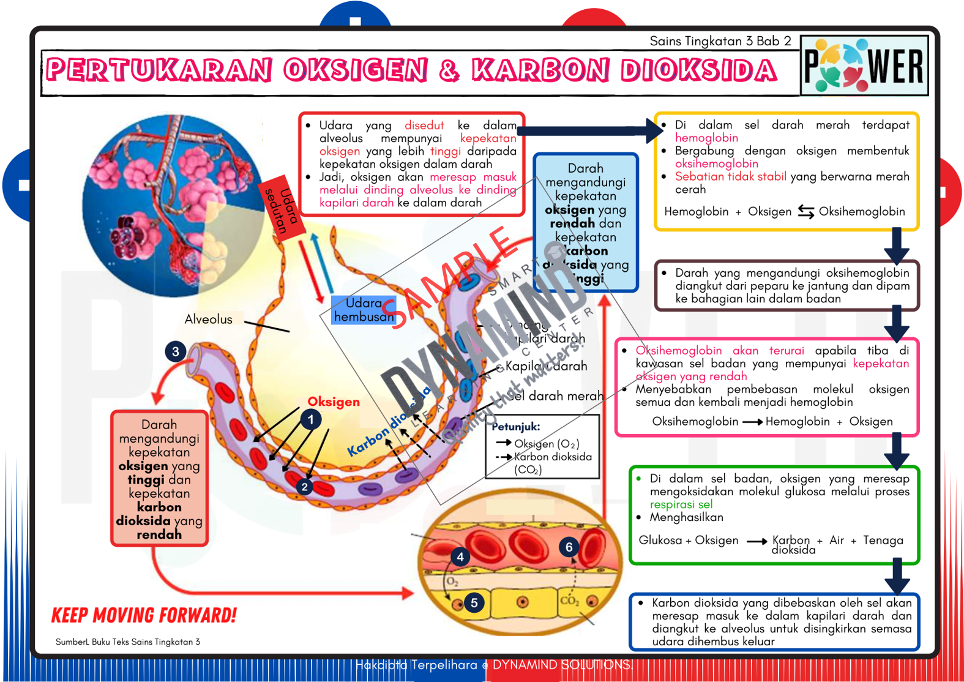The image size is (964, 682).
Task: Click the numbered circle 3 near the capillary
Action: pos(176,351)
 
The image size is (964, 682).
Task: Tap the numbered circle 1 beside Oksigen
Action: pos(311,420)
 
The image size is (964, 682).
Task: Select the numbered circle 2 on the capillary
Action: pos(304,487)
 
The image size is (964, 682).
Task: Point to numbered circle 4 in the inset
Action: pos(460,556)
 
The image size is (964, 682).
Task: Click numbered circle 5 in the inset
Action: pos(474,602)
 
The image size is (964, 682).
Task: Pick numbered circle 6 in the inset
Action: pos(569,547)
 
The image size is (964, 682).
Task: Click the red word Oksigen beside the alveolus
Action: pos(334,402)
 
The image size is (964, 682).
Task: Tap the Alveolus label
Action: pos(209,319)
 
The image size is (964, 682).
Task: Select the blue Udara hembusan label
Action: pos(364,310)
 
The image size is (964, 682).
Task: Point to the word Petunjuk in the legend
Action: pos(515,426)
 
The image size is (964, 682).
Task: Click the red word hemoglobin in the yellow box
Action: pos(706,138)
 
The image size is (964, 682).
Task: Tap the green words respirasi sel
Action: pos(681,504)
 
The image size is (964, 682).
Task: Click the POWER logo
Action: pos(864,66)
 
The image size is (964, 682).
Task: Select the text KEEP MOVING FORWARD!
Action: pos(144,615)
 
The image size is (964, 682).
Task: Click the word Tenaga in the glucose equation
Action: pos(883,540)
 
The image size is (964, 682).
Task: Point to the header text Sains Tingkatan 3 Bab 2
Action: pos(720,41)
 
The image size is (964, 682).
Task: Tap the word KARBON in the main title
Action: pos(540,70)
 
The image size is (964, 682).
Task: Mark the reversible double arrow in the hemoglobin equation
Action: pos(805,212)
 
